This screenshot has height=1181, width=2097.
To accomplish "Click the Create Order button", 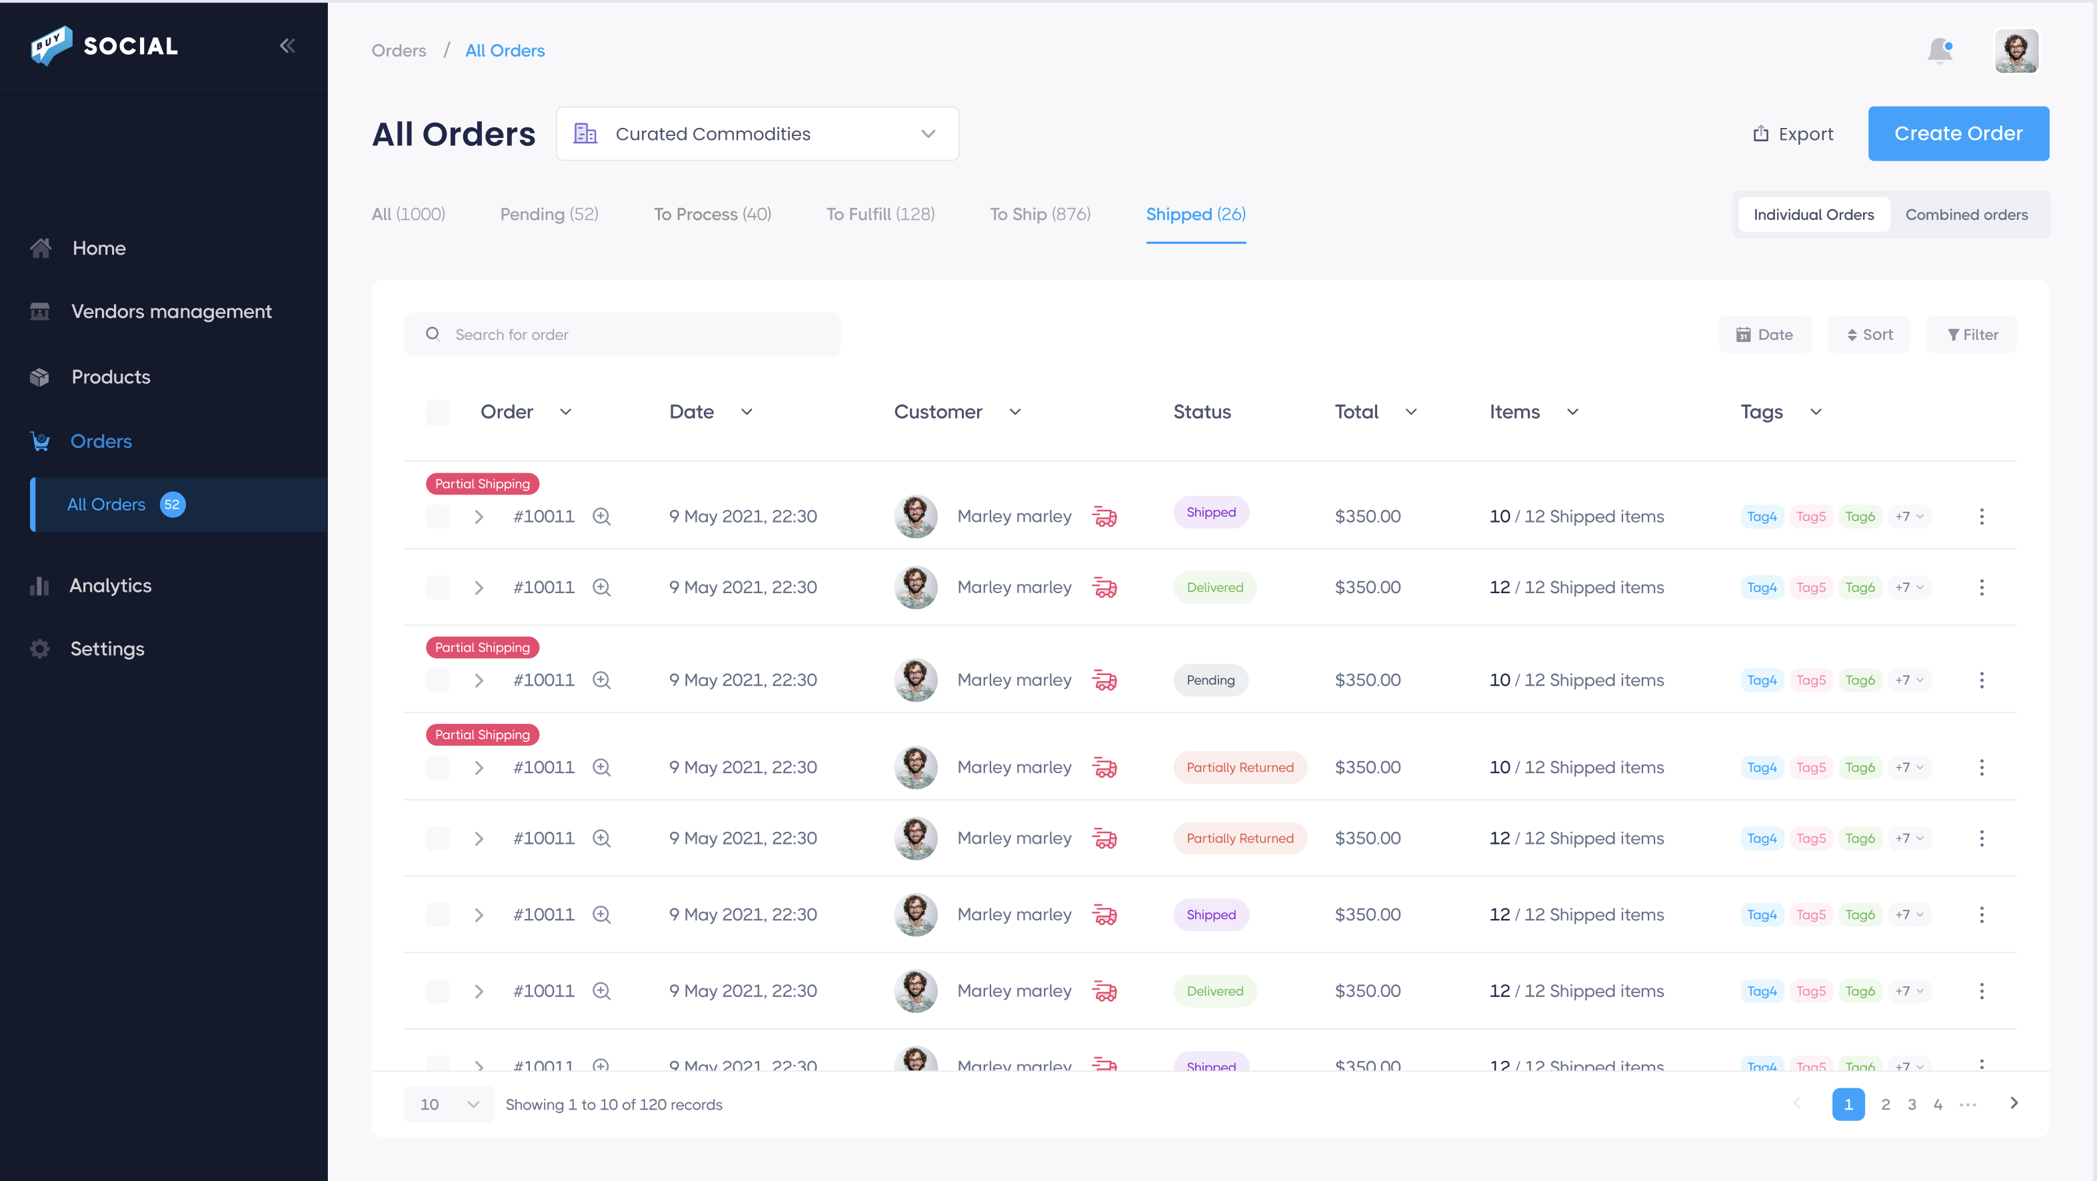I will (1958, 133).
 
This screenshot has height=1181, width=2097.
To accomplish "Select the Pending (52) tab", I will (549, 214).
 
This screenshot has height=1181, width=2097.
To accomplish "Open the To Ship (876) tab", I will (1040, 214).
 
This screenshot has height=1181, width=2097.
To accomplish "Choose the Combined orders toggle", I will (1966, 215).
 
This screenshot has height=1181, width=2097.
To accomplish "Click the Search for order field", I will (623, 335).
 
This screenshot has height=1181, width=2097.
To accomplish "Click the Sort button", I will (1869, 335).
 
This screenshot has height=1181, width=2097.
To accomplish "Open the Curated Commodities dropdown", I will (757, 133).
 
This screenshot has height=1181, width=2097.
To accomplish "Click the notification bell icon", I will (1940, 51).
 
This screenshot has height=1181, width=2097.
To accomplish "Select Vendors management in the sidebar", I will (171, 312).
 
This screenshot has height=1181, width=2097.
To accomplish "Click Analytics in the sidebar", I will (110, 585).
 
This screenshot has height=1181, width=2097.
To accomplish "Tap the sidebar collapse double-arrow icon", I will (287, 45).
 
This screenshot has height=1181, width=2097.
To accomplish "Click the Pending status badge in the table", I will (1210, 680).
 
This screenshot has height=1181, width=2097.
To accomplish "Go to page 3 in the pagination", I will (1912, 1104).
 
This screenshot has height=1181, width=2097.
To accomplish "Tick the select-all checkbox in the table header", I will (438, 412).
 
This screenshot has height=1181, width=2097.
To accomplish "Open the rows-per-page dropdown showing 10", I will (449, 1104).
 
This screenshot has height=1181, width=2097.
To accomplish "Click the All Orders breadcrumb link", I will (505, 51).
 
